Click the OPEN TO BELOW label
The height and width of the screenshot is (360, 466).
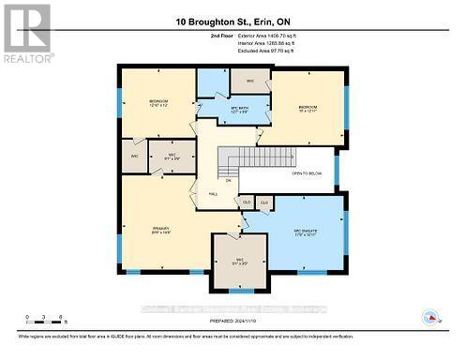307,173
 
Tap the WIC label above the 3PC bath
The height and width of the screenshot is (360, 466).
250,81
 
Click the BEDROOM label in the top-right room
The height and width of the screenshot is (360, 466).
308,108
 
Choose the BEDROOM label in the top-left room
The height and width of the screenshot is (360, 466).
158,102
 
